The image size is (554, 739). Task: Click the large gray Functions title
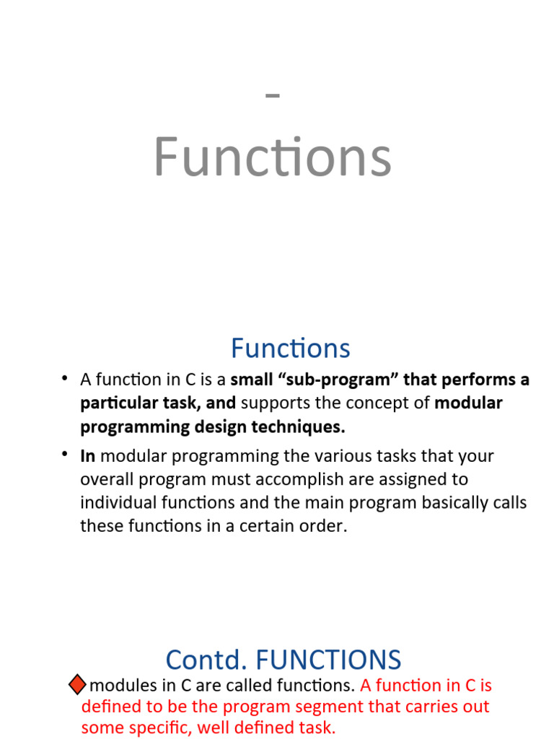tap(273, 157)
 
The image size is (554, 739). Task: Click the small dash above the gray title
tap(273, 95)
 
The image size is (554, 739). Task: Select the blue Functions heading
tap(290, 349)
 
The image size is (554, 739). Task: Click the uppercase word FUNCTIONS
tap(328, 660)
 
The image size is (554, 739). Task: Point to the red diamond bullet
tap(76, 684)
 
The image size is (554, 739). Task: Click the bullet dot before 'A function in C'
tap(64, 378)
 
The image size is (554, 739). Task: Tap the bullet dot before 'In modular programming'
tap(64, 454)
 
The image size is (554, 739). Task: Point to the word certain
tap(267, 526)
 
